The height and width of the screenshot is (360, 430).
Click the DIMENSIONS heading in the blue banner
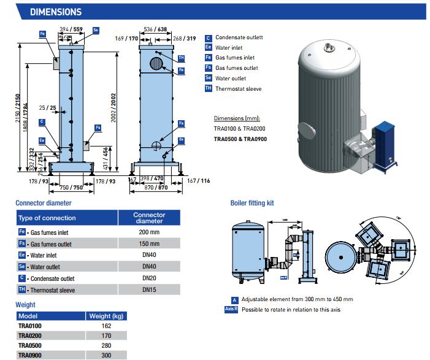tap(55, 12)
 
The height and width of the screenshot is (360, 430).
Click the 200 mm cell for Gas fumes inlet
tap(149, 233)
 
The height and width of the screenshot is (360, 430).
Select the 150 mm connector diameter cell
tap(149, 244)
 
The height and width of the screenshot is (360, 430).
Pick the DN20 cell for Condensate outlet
tap(149, 278)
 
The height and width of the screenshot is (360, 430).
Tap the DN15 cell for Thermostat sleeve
tap(149, 289)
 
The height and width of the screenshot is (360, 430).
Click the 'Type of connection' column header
tap(47, 218)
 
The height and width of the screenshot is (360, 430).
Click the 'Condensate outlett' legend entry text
tap(239, 37)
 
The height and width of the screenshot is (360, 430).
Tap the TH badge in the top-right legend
tap(209, 89)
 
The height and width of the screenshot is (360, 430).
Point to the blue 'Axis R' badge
tap(232, 309)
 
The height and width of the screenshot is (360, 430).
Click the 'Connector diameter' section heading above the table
tap(44, 202)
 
